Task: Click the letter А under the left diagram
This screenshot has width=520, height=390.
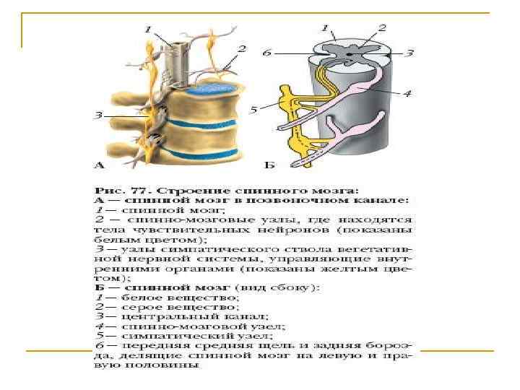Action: (101, 165)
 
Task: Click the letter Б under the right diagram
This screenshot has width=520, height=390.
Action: (269, 165)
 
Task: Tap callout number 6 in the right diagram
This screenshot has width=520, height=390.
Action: (267, 53)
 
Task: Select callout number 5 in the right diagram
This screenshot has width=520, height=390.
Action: (254, 110)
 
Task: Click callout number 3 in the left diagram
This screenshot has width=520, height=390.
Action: (100, 114)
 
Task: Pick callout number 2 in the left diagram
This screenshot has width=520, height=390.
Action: (242, 49)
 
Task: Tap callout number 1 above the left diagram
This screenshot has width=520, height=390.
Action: (148, 30)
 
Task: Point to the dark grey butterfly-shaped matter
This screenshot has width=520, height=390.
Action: (350, 52)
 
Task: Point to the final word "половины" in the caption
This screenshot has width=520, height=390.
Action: (173, 365)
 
